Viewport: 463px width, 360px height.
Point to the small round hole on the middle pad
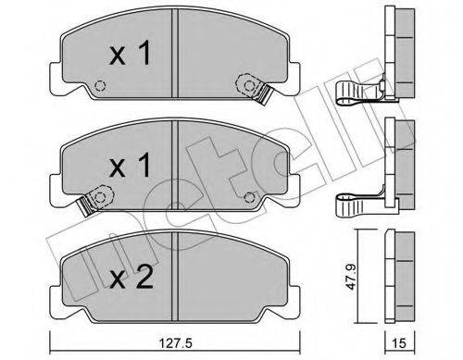coord(250,196)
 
